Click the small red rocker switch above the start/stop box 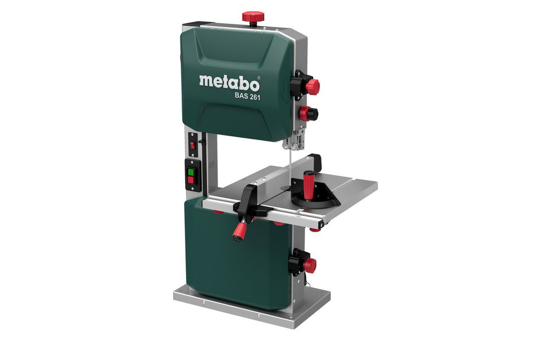click(x=192, y=146)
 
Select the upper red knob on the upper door click(x=312, y=86)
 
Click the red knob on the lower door click(x=309, y=265)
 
